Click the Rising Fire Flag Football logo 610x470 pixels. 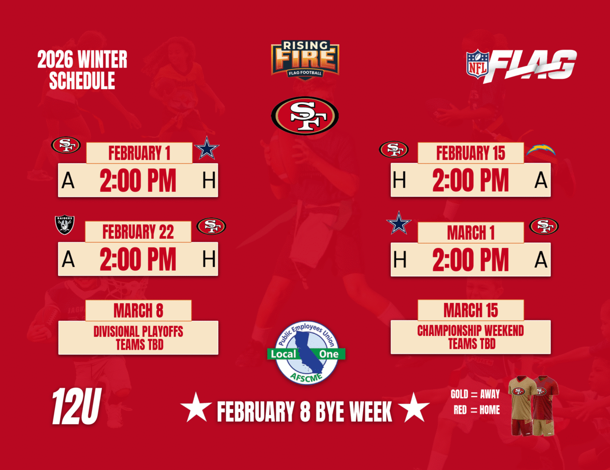tap(305, 60)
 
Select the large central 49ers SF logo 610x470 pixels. tap(305, 116)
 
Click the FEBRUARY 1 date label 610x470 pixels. tap(139, 153)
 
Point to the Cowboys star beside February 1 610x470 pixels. tap(207, 148)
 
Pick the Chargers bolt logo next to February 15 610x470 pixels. tap(541, 150)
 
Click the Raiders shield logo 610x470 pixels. tap(64, 225)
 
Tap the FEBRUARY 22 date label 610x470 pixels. tap(138, 232)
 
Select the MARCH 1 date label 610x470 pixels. tap(471, 233)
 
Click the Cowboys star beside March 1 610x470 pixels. tap(399, 223)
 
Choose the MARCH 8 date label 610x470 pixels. tap(138, 311)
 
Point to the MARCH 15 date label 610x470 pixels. tap(471, 310)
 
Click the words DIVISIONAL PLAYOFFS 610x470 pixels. tap(138, 332)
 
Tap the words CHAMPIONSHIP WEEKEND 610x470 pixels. tap(470, 331)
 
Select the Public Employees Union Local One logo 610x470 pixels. tap(306, 352)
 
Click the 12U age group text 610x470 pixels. tap(77, 407)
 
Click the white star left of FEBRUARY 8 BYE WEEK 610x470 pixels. tap(196, 408)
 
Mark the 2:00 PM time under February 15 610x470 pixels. tap(470, 180)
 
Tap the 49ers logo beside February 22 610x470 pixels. tap(212, 226)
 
